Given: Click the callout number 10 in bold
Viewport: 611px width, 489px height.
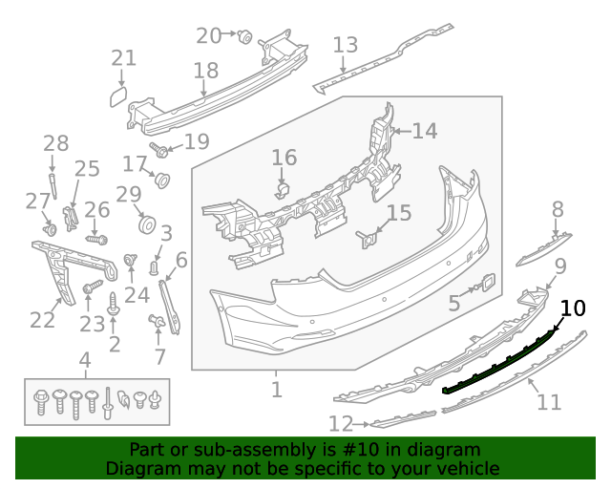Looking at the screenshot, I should pos(573,308).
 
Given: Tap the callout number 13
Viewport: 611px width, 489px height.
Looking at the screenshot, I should pos(345,45).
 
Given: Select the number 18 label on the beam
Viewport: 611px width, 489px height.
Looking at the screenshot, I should pos(205,71).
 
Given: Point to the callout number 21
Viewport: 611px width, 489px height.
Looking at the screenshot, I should pos(123,58).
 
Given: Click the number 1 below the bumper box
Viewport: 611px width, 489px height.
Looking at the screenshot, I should pos(276,389).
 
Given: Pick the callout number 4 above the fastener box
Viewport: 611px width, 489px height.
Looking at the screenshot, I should pos(85,360).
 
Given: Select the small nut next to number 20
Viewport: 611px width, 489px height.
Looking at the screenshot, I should pos(244,36).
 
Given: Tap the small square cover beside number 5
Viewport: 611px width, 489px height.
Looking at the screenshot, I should pos(486,283).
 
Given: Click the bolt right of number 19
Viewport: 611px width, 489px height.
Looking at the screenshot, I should pos(160,150).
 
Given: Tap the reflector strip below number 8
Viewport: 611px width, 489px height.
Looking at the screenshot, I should pos(543,247).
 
